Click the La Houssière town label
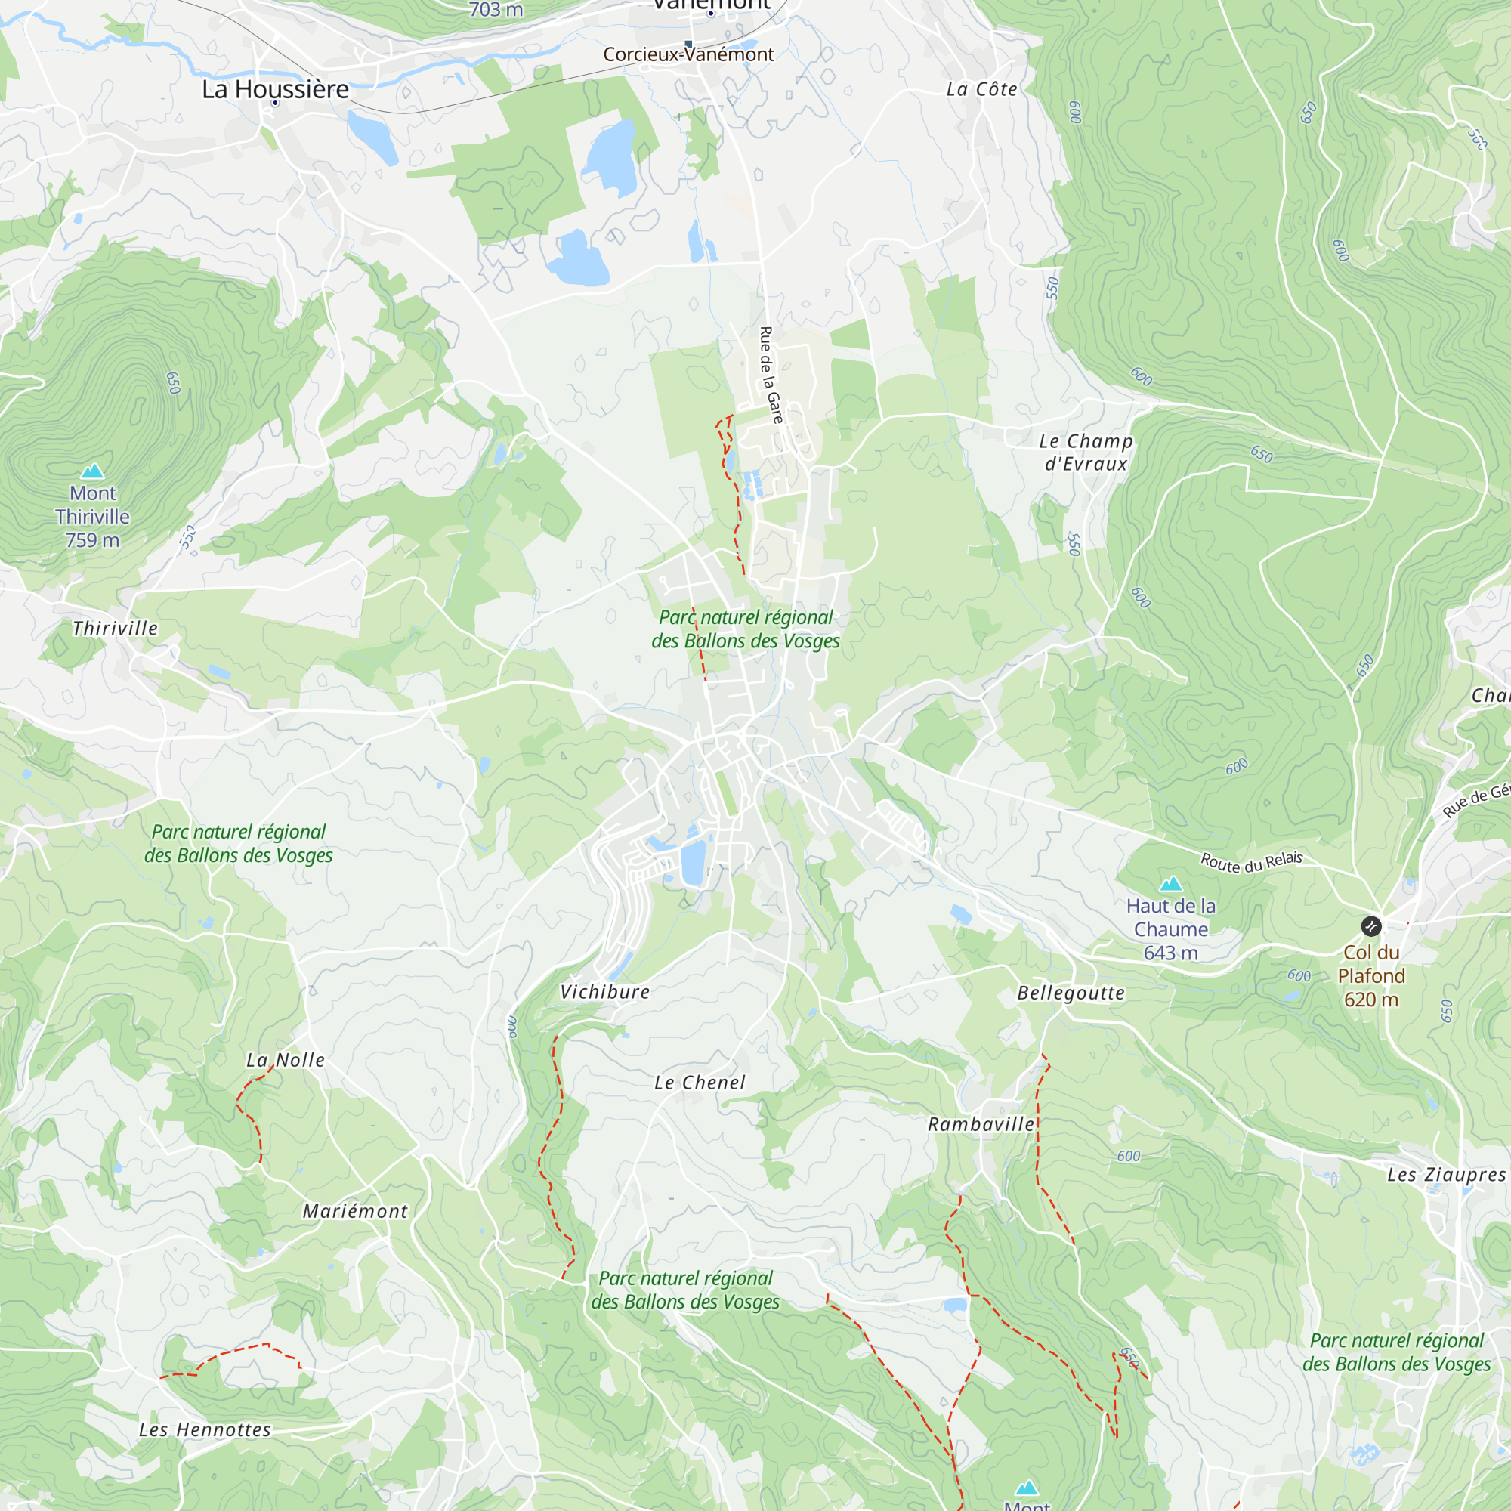pos(275,89)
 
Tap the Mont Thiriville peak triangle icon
pos(92,471)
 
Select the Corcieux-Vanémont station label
pos(688,54)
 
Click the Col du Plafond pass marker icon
pos(1371,927)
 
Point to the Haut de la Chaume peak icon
pos(1170,885)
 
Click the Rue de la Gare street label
pos(771,375)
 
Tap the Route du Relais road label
pos(1251,862)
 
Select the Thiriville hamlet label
pos(115,629)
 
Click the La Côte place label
pos(981,90)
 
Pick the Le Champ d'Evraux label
pos(1086,452)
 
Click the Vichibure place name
pos(604,993)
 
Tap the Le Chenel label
pos(700,1083)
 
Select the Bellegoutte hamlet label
pos(1071,994)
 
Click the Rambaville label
pos(981,1125)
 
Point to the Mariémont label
pos(355,1212)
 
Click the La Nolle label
pos(286,1061)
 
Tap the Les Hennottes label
pos(205,1430)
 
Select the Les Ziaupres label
pos(1446,1176)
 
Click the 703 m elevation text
pos(496,9)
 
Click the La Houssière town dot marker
pos(275,104)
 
